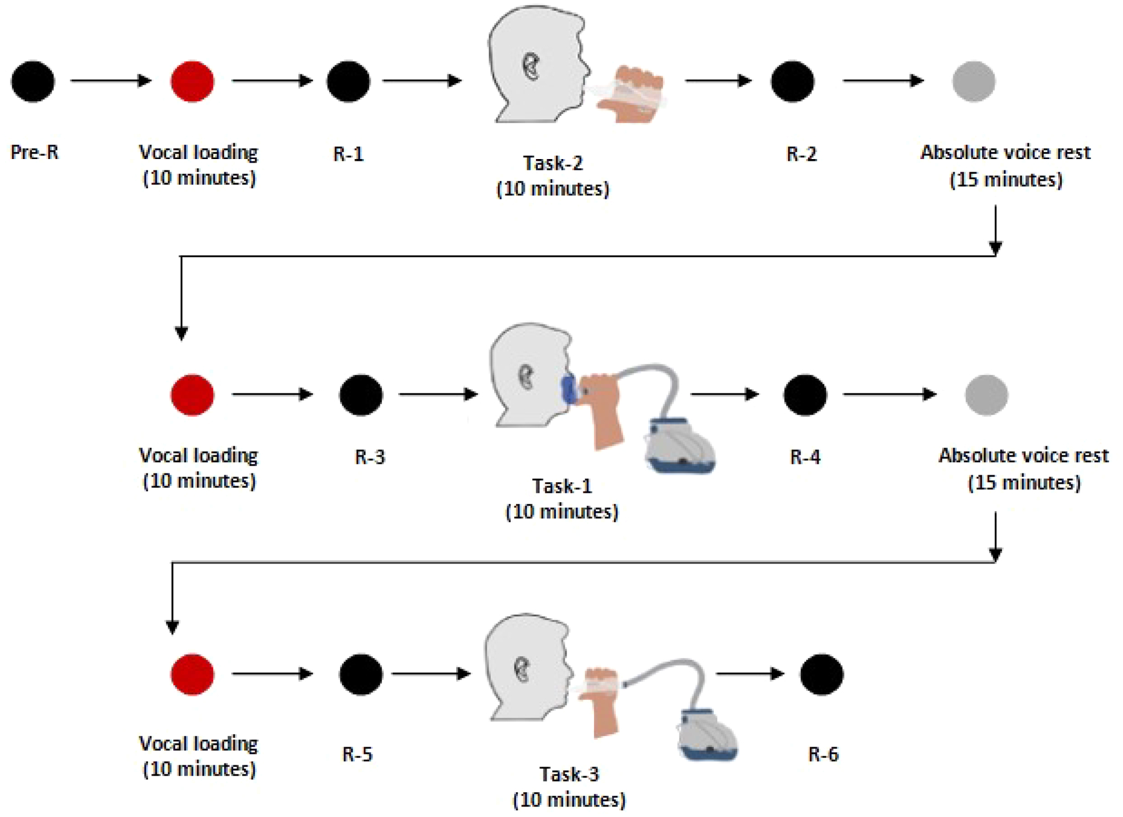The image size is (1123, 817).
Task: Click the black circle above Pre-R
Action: pyautogui.click(x=33, y=81)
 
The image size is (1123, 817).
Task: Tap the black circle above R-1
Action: pyautogui.click(x=348, y=81)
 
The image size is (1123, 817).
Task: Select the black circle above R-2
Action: pyautogui.click(x=792, y=81)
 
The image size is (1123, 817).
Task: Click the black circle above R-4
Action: pyautogui.click(x=805, y=395)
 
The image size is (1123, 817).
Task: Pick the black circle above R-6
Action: pyautogui.click(x=822, y=674)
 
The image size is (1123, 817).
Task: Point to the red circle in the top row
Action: pyautogui.click(x=192, y=81)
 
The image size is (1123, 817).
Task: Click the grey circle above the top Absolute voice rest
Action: pyautogui.click(x=973, y=81)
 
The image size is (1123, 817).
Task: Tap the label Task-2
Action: pyautogui.click(x=553, y=163)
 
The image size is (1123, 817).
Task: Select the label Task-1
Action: pyautogui.click(x=561, y=486)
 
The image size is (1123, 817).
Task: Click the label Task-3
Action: pyautogui.click(x=569, y=775)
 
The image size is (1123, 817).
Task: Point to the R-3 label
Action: pyautogui.click(x=370, y=457)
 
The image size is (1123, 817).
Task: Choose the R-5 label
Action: pyautogui.click(x=357, y=755)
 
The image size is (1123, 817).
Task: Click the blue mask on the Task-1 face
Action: pyautogui.click(x=568, y=390)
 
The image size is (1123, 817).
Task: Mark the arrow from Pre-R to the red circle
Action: pyautogui.click(x=110, y=80)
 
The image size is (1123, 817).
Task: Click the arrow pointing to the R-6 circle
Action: pyautogui.click(x=749, y=674)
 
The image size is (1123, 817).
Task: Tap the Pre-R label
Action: pyautogui.click(x=34, y=153)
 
